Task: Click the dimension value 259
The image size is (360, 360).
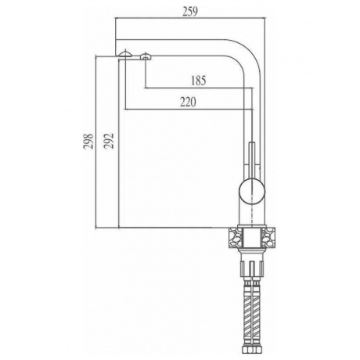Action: pos(190,12)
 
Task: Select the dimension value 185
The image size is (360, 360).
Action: pos(199,81)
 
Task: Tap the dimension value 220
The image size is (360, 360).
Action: pos(188,102)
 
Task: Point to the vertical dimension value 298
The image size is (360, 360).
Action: pos(88,141)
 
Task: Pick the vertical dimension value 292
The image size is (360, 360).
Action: pos(109,141)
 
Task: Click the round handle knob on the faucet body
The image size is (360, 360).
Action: pos(252,192)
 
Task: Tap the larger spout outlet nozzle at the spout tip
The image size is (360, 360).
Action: pos(125,53)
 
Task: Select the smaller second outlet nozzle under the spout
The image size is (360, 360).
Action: pos(146,56)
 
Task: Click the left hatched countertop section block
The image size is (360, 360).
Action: pos(236,237)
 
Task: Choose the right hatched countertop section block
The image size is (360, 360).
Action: pos(268,237)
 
